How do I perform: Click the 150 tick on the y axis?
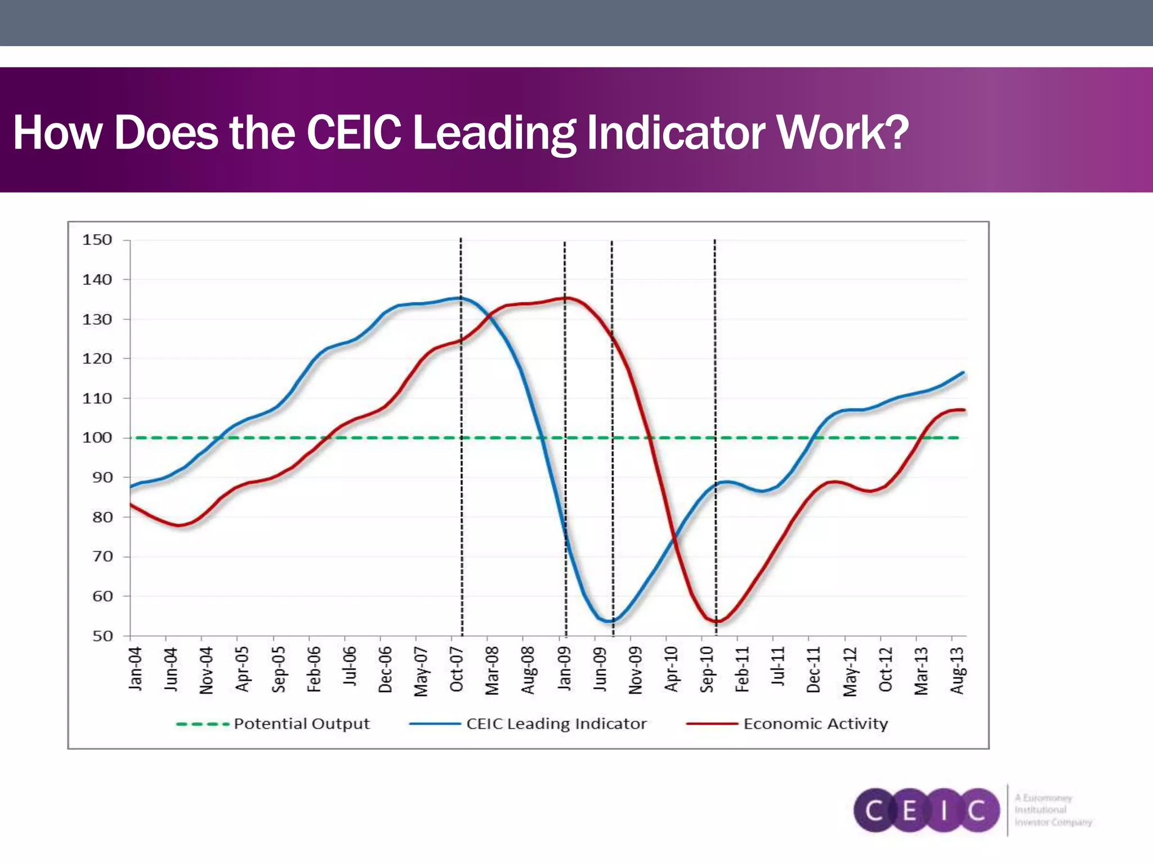click(97, 240)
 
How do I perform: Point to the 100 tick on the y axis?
click(97, 438)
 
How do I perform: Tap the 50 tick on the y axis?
click(102, 636)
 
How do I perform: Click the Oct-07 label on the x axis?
click(457, 669)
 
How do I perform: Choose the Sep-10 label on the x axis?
click(707, 669)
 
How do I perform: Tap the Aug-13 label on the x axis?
click(957, 670)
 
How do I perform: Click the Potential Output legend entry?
click(301, 724)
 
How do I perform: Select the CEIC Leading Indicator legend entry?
click(556, 724)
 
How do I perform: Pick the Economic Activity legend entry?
click(815, 724)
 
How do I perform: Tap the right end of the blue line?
click(963, 373)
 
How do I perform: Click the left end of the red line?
click(131, 505)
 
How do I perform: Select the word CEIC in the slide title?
click(354, 133)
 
